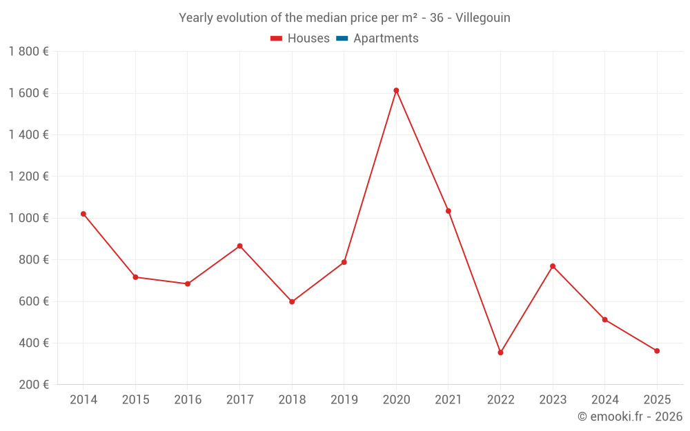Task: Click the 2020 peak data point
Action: tap(396, 90)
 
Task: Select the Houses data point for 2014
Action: tap(83, 214)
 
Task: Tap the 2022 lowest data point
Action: tap(500, 352)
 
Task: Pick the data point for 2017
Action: tap(239, 246)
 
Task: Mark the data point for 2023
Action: tap(553, 266)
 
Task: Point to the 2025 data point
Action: tap(657, 351)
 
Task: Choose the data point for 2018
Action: tap(292, 302)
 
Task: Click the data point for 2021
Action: tap(448, 211)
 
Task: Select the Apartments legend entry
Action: tap(386, 39)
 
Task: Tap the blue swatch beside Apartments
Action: tap(342, 39)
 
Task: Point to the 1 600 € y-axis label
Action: tap(29, 93)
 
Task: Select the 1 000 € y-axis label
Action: tap(29, 218)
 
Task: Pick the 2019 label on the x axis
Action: tap(344, 400)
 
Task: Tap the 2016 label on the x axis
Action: tap(188, 400)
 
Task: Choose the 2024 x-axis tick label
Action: tap(604, 400)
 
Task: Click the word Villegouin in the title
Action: tap(483, 18)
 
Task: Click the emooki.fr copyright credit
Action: tap(630, 417)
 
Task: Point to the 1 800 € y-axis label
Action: tap(29, 52)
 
